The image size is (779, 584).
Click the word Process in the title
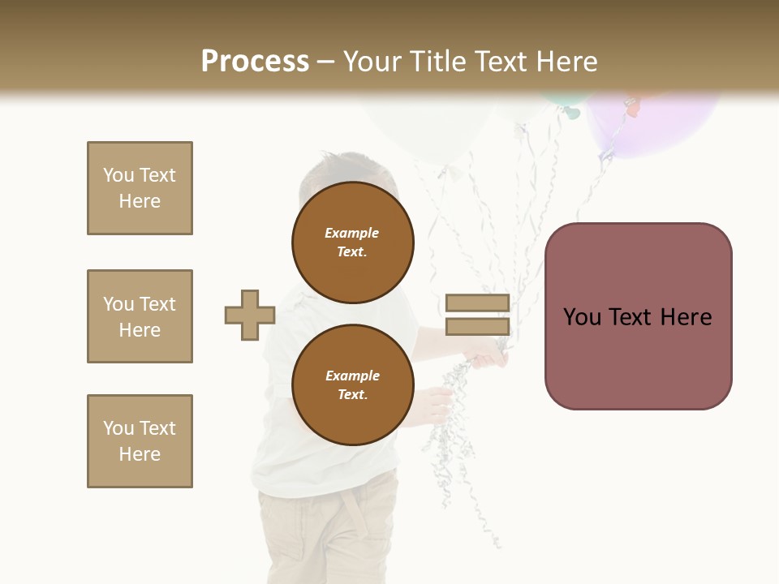coord(255,62)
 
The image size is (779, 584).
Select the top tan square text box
coord(140,188)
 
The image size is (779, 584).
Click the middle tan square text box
coord(140,316)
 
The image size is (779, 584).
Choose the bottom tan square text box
coord(140,441)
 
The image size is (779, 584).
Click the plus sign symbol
coord(250,315)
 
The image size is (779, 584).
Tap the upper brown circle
coord(352,243)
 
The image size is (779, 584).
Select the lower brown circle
coord(352,385)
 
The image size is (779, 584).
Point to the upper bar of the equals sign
coord(477,303)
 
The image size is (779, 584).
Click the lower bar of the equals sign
coord(477,327)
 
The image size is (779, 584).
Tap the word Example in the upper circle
coord(352,233)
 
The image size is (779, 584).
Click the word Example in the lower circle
coord(352,376)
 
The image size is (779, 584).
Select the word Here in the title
coord(568,62)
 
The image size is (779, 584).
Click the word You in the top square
coord(118,175)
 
